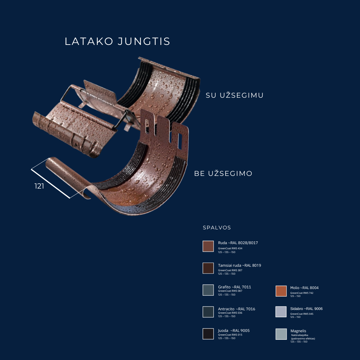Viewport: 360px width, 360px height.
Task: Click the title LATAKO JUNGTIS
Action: pyautogui.click(x=117, y=41)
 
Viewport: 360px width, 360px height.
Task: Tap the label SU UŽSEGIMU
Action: pyautogui.click(x=235, y=95)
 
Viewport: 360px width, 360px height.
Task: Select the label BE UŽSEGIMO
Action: pyautogui.click(x=223, y=173)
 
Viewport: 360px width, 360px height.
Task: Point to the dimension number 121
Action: pyautogui.click(x=39, y=187)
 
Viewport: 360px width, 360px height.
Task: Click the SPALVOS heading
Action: pyautogui.click(x=217, y=228)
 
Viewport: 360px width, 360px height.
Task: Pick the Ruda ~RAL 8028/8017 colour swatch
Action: pyautogui.click(x=208, y=246)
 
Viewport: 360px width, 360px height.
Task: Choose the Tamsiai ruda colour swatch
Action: pyautogui.click(x=208, y=268)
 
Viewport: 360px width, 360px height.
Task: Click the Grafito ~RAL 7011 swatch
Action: pyautogui.click(x=208, y=290)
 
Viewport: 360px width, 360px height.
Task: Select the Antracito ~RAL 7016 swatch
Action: pyautogui.click(x=208, y=312)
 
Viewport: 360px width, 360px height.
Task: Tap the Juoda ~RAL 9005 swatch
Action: pyautogui.click(x=208, y=334)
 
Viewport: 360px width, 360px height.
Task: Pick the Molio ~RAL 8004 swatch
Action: pyautogui.click(x=281, y=291)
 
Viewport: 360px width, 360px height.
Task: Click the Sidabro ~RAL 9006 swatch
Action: pyautogui.click(x=281, y=312)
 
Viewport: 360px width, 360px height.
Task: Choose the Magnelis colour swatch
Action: pyautogui.click(x=281, y=334)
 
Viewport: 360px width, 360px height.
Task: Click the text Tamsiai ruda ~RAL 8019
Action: pyautogui.click(x=239, y=265)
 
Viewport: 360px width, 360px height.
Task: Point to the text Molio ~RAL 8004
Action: pyautogui.click(x=304, y=288)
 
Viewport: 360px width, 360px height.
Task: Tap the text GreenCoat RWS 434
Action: pyautogui.click(x=230, y=249)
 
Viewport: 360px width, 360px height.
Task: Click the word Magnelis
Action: pyautogui.click(x=298, y=331)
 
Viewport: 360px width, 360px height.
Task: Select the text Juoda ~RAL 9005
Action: pyautogui.click(x=234, y=331)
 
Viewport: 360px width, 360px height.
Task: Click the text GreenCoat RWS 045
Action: pyautogui.click(x=302, y=314)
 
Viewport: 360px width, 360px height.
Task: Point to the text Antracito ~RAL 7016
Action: pyautogui.click(x=237, y=309)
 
